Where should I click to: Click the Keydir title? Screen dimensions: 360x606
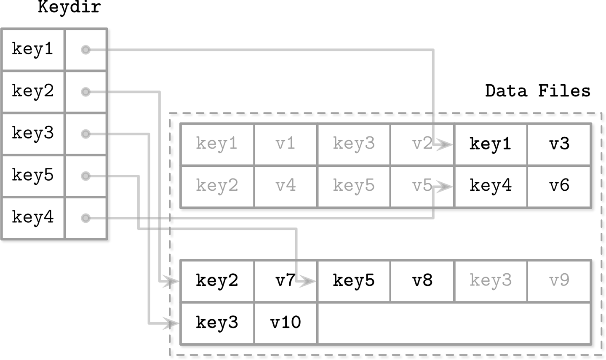tap(69, 8)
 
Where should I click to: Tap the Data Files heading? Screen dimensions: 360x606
tap(537, 91)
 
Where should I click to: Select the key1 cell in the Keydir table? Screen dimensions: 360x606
tap(33, 49)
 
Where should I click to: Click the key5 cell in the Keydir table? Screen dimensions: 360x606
tap(33, 176)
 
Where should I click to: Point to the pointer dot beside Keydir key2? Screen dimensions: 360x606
tap(85, 92)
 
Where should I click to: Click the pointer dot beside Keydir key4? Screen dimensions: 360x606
tap(85, 218)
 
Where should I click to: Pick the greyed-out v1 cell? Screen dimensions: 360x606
tap(285, 144)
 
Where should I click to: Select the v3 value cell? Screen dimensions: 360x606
tap(559, 144)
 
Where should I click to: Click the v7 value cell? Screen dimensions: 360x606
tap(285, 281)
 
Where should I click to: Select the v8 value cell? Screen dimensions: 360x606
tap(422, 281)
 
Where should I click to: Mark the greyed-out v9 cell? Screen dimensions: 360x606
tap(559, 281)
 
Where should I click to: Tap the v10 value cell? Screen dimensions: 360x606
tap(285, 323)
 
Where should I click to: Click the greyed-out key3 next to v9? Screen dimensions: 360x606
tap(490, 281)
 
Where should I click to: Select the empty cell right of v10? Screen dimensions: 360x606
tap(454, 323)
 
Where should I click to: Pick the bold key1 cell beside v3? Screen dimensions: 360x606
tap(490, 144)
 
